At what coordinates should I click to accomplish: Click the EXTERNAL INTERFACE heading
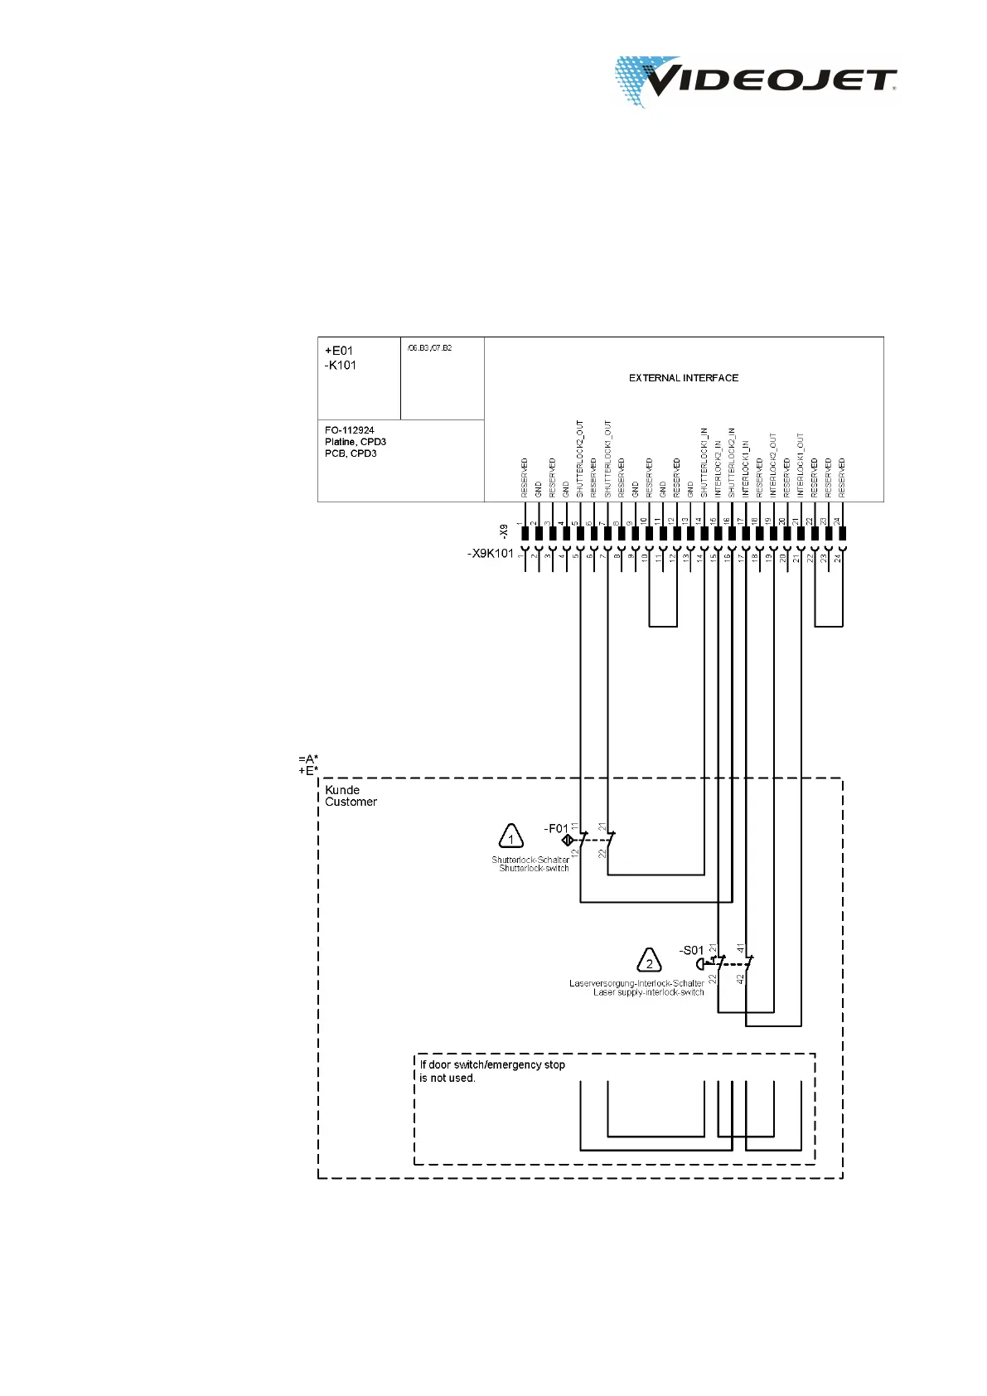click(683, 378)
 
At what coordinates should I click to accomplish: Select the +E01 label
click(339, 351)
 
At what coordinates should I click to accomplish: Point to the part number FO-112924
click(350, 430)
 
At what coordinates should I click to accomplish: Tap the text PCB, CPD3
click(351, 453)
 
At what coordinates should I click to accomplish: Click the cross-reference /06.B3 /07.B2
click(429, 348)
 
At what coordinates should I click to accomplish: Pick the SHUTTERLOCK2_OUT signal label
click(580, 458)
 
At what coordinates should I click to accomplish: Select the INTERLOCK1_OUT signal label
click(801, 464)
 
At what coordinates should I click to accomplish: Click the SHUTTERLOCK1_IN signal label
click(704, 462)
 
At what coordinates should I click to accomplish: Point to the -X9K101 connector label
click(491, 554)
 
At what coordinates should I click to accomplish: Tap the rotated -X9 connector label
click(504, 530)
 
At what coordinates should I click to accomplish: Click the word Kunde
click(342, 790)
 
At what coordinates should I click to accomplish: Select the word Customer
click(351, 802)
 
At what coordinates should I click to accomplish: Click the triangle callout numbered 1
click(510, 837)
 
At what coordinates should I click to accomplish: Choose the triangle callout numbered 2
click(649, 962)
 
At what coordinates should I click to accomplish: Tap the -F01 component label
click(556, 828)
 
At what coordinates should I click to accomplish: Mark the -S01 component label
click(691, 950)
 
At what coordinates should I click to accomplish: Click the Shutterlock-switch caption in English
click(534, 868)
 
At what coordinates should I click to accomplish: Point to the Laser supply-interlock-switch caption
click(648, 992)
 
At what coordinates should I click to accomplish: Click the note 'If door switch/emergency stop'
click(492, 1064)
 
